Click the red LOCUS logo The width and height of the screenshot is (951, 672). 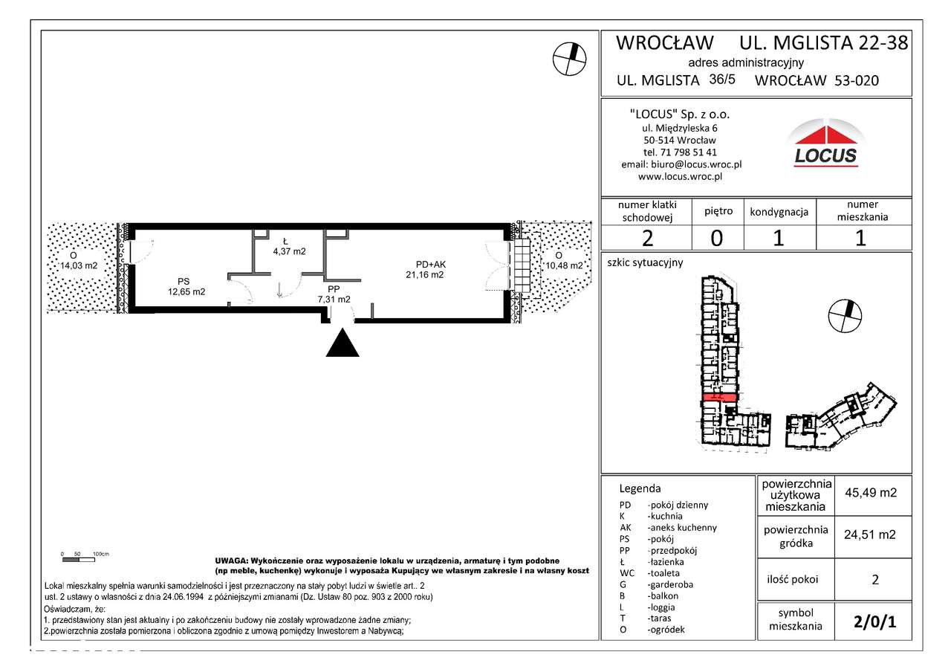825,145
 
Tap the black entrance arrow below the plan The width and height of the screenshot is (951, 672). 341,343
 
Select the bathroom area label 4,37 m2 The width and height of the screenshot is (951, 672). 289,251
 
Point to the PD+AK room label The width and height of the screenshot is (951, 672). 430,265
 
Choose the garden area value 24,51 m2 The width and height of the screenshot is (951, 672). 870,534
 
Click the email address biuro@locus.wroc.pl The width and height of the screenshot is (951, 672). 681,165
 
